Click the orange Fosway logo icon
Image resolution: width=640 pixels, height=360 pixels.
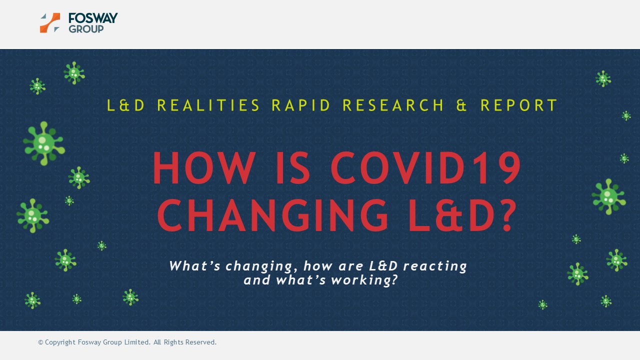point(50,23)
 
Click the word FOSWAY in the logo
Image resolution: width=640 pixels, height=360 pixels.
point(93,18)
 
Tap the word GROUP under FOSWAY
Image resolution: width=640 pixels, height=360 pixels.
point(86,29)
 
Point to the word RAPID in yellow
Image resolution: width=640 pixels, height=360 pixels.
point(301,105)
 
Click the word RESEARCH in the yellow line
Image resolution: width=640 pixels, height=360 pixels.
point(393,105)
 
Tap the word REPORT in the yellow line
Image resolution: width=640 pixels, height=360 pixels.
point(519,105)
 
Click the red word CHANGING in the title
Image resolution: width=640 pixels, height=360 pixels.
point(273,215)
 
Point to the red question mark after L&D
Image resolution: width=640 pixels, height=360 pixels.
point(509,215)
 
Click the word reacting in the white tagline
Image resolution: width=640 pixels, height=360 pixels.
point(435,266)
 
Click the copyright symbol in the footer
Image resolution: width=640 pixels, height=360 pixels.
point(40,342)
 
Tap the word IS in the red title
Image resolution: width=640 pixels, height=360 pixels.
point(293,168)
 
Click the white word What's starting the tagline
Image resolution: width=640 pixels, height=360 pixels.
point(194,265)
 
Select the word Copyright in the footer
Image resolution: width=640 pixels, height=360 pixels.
point(60,342)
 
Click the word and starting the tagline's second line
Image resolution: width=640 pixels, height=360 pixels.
point(257,280)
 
